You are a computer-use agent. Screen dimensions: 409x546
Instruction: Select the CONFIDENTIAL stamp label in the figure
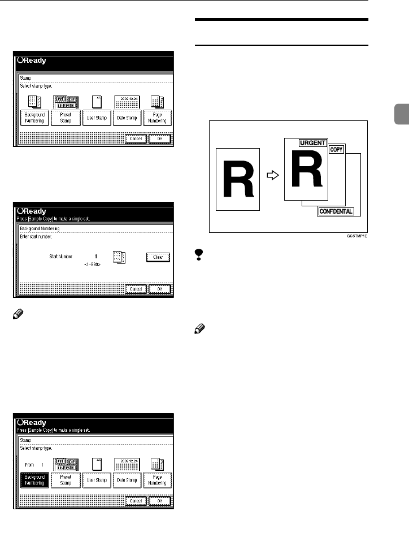(x=336, y=211)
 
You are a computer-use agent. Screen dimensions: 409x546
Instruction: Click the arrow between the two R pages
(x=272, y=176)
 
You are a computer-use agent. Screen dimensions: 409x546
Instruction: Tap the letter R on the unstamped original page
(x=238, y=176)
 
